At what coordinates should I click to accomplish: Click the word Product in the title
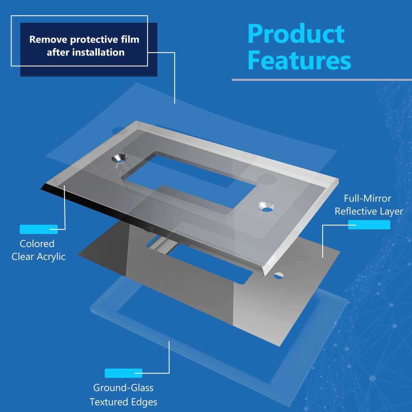pos(296,34)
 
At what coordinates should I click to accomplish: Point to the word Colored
pos(37,244)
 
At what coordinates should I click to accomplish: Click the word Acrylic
pos(51,257)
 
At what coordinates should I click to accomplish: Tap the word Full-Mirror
pos(367,199)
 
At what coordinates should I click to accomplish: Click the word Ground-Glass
pos(123,388)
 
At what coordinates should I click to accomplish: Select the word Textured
pos(109,402)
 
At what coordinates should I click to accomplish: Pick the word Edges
pos(144,402)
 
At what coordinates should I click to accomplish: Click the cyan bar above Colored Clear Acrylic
pos(39,229)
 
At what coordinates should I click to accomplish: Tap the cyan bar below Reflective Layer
pos(369,225)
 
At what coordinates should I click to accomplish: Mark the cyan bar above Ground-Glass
pos(123,373)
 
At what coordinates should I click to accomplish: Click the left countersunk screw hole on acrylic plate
pos(120,158)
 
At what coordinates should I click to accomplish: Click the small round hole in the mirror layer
pos(278,276)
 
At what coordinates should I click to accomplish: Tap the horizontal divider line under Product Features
pos(322,80)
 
